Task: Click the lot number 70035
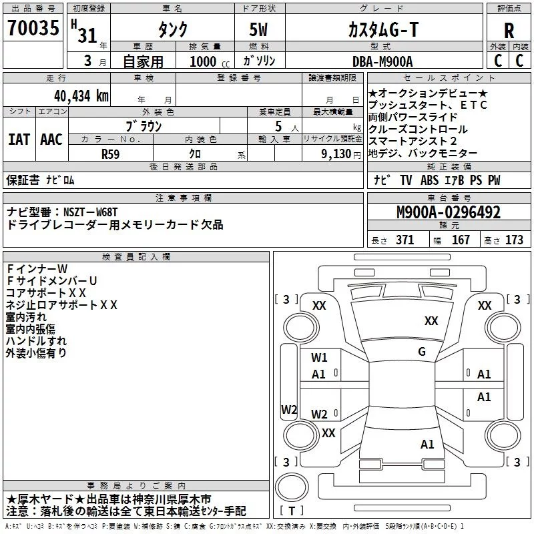tap(33, 30)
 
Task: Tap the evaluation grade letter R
tap(509, 31)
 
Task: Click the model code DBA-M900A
tap(382, 61)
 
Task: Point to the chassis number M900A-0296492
tap(448, 213)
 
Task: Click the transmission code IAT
tap(19, 139)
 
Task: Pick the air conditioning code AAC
tap(51, 139)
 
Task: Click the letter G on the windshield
tap(421, 352)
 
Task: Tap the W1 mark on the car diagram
tap(319, 358)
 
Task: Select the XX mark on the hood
tap(431, 321)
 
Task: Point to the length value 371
tap(405, 240)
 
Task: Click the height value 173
tap(514, 240)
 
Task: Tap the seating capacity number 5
tap(278, 125)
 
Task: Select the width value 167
tap(461, 240)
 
